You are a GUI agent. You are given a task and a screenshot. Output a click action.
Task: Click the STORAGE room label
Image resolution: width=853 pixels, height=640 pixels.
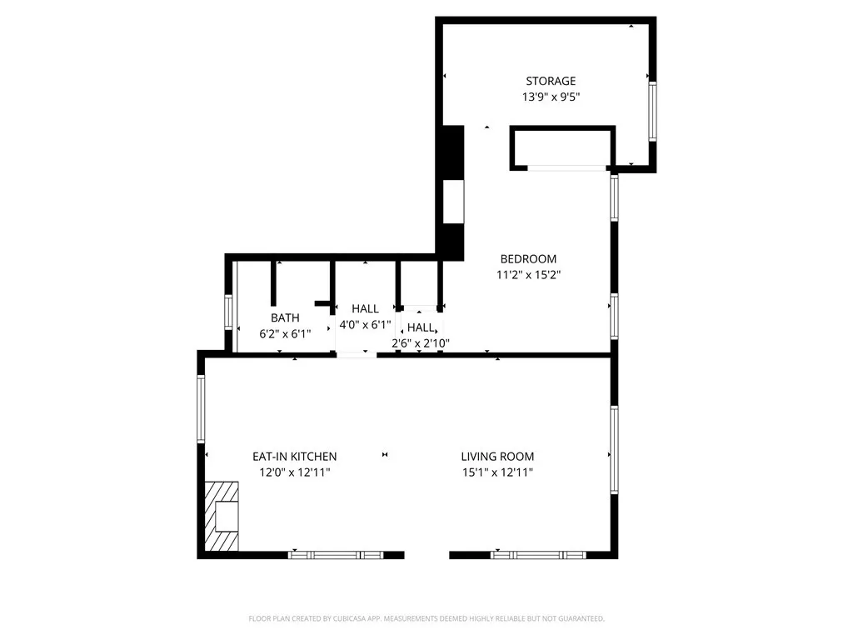550,81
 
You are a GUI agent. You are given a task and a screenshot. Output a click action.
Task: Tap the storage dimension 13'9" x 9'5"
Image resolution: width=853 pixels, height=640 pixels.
550,97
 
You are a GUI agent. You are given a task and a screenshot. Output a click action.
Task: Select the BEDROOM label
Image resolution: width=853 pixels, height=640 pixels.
528,258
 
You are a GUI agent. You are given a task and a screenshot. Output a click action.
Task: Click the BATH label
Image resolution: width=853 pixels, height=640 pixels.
285,317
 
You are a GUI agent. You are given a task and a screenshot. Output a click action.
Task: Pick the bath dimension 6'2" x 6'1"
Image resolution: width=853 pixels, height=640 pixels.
285,333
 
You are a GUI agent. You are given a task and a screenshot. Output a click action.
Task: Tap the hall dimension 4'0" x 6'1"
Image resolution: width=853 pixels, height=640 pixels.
365,324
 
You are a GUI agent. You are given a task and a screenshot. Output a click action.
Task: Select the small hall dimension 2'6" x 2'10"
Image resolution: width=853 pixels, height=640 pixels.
421,342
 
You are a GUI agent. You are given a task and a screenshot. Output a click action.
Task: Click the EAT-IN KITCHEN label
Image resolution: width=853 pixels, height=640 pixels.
295,457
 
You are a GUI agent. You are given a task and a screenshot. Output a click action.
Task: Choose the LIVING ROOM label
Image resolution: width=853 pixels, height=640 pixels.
497,457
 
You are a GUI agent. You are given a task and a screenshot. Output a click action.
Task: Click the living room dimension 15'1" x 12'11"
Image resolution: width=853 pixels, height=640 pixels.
497,472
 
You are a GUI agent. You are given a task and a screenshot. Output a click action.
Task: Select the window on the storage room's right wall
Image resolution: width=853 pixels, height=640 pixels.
652,110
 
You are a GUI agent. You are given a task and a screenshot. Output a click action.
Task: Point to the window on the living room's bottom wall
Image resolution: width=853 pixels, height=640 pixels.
537,554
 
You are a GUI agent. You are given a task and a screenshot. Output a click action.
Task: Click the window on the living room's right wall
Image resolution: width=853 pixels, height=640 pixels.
614,449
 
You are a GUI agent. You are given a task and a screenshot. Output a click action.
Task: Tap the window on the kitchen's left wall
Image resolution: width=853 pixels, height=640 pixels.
201,409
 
